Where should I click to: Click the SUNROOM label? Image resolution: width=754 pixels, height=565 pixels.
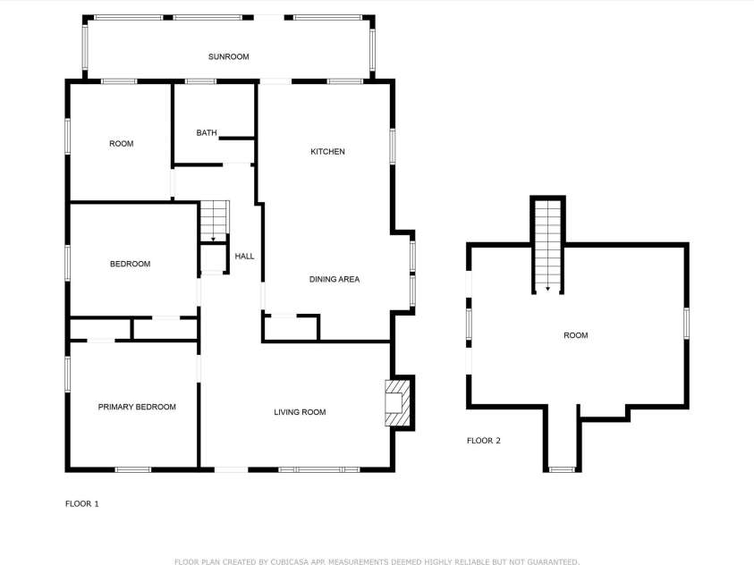click(228, 56)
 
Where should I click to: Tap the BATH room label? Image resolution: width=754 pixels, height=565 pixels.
click(207, 133)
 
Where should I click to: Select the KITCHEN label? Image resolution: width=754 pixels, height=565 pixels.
click(327, 152)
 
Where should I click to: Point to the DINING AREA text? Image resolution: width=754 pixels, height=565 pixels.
click(335, 280)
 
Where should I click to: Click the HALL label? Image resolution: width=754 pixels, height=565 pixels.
click(244, 257)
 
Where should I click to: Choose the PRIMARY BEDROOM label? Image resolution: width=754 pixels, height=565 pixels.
click(137, 407)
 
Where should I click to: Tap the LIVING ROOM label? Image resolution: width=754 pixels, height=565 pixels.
click(300, 412)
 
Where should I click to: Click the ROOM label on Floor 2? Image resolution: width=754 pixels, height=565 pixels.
click(575, 335)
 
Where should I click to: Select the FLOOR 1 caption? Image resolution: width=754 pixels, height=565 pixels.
click(82, 504)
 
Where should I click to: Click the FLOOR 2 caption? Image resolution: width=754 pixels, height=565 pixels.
click(484, 441)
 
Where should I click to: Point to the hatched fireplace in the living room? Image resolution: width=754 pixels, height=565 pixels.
click(396, 402)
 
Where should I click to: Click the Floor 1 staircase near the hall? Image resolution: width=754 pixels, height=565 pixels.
click(215, 220)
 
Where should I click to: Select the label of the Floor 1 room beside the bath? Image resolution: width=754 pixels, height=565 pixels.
click(121, 144)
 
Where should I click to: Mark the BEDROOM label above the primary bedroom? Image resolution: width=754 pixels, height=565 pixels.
click(130, 264)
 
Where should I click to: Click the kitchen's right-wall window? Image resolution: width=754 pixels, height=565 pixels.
click(392, 146)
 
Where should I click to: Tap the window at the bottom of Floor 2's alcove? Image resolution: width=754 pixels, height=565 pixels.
click(562, 469)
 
